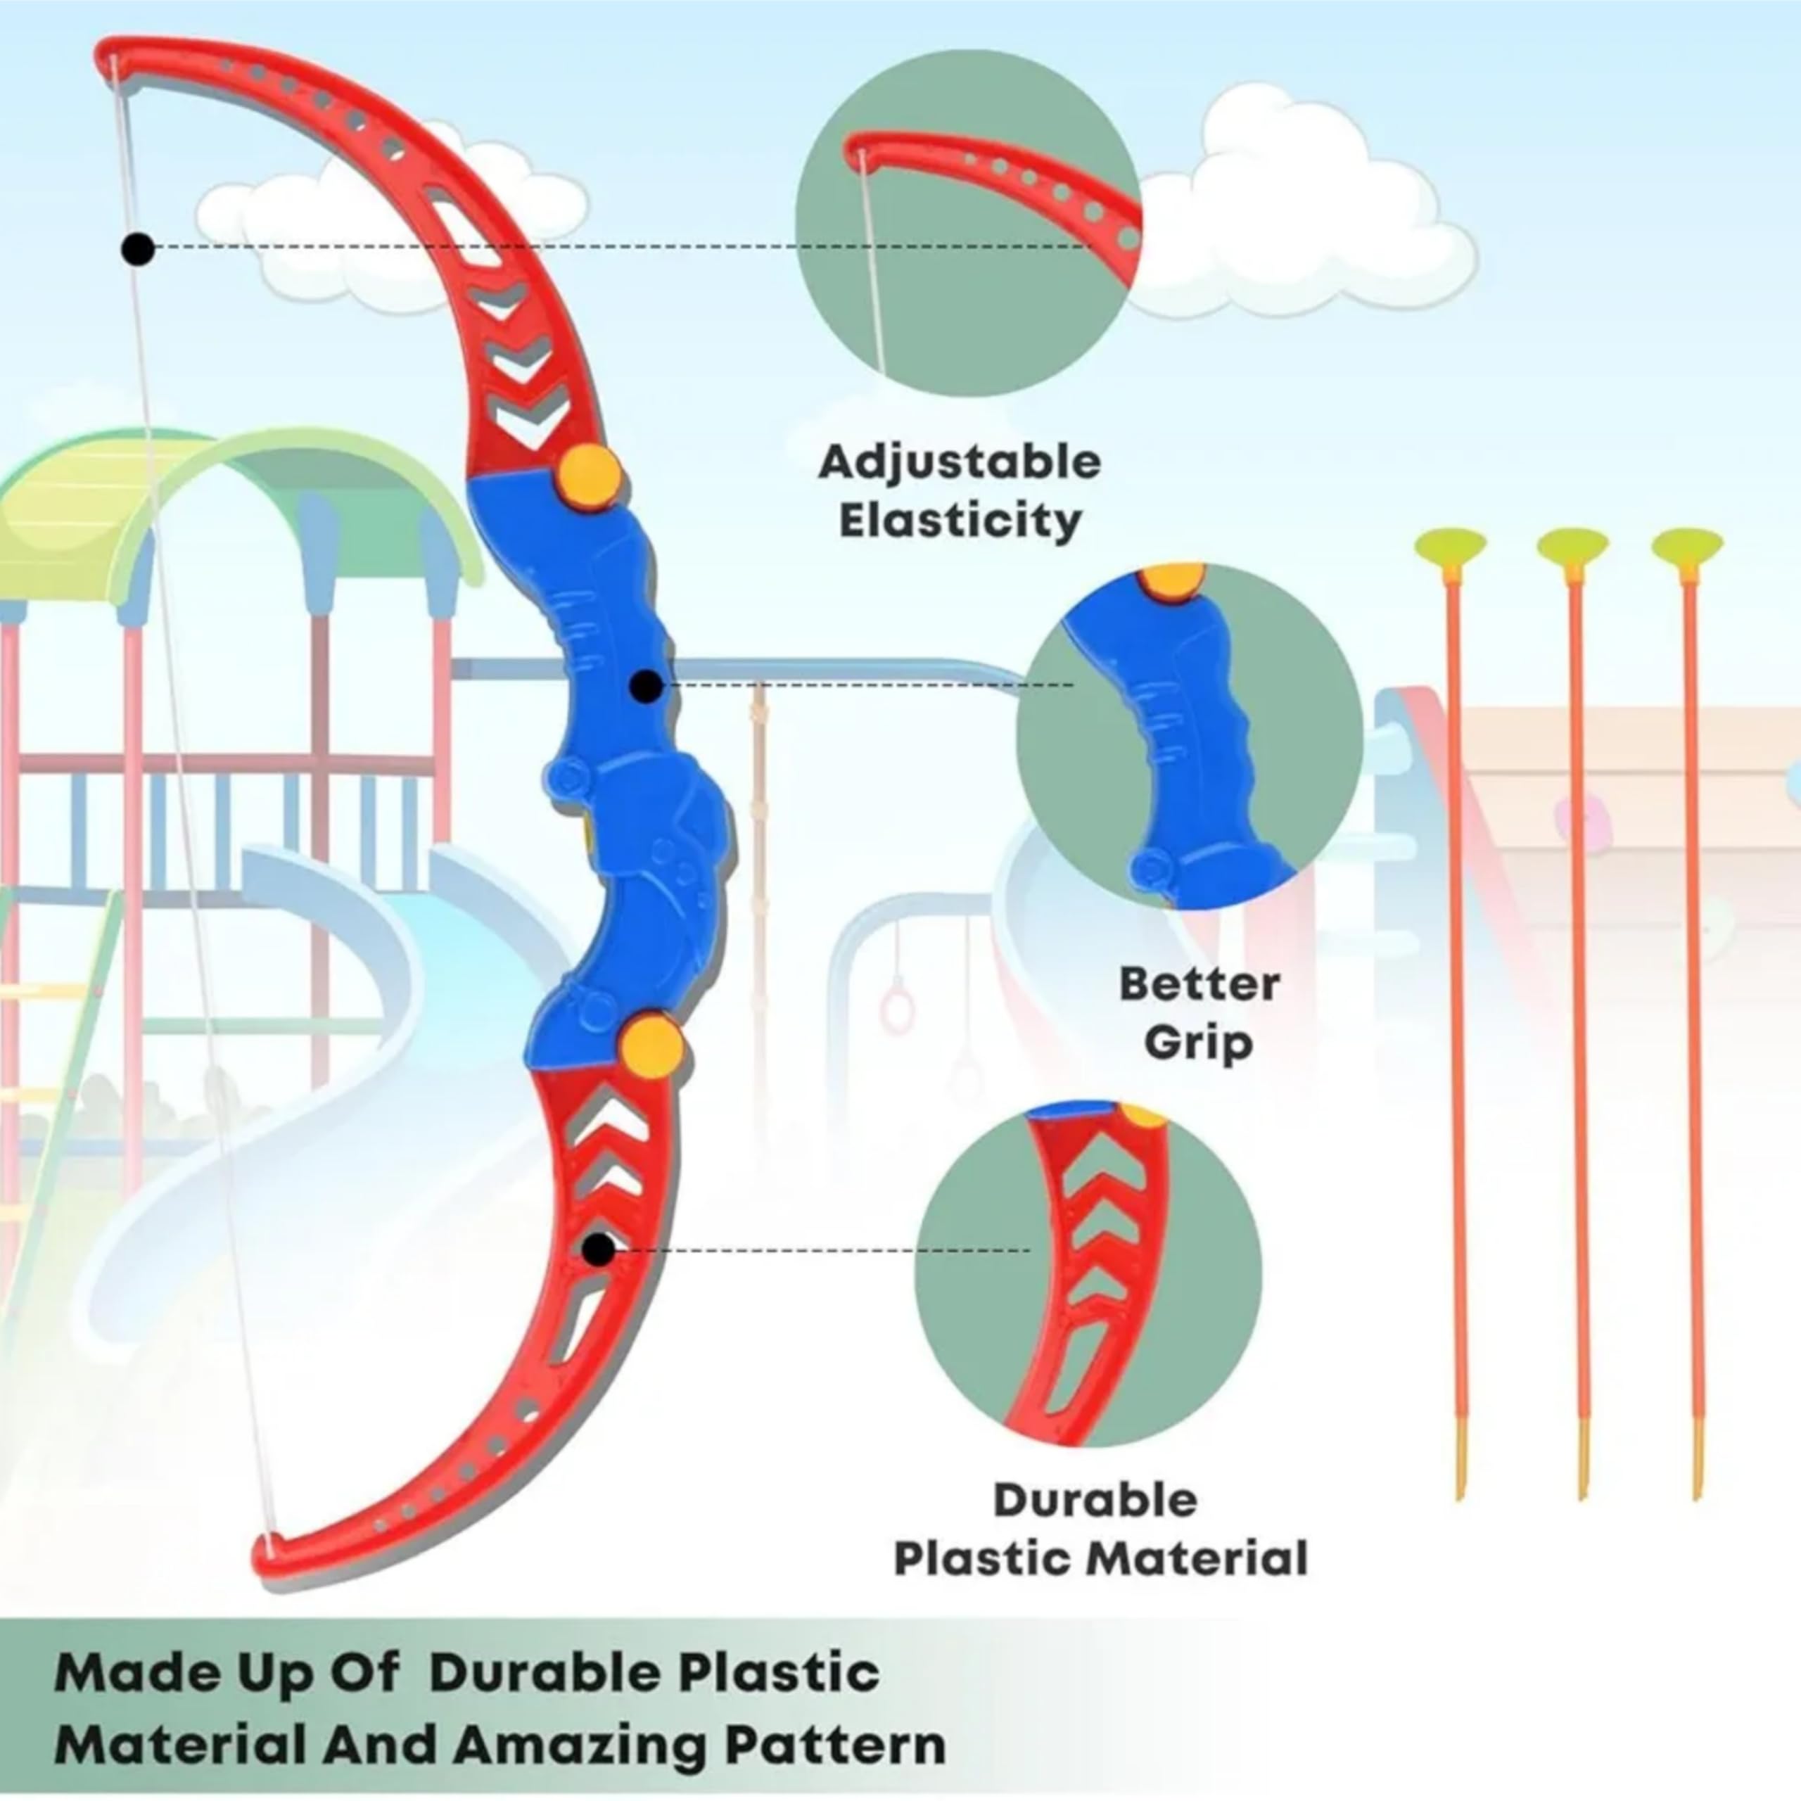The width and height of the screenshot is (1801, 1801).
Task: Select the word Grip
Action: pyautogui.click(x=1199, y=1044)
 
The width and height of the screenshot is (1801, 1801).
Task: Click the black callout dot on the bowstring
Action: pyautogui.click(x=139, y=249)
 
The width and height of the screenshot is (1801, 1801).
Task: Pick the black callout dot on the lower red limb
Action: pyautogui.click(x=599, y=1250)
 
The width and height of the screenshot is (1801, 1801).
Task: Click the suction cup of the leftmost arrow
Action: pyautogui.click(x=1451, y=545)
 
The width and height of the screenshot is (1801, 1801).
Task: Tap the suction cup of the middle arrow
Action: pyautogui.click(x=1572, y=545)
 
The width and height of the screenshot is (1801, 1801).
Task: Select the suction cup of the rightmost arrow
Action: pyautogui.click(x=1687, y=545)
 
